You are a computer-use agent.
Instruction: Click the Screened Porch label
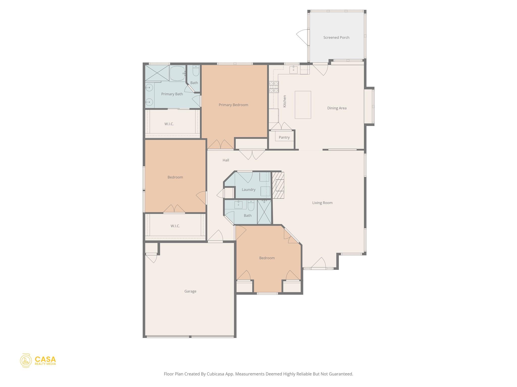click(x=336, y=38)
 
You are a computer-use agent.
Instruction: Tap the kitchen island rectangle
click(x=303, y=105)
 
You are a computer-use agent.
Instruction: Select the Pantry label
click(x=284, y=137)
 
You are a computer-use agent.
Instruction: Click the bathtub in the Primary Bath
click(x=177, y=73)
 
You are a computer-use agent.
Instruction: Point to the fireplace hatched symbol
click(x=278, y=185)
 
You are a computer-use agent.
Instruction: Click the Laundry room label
click(x=248, y=189)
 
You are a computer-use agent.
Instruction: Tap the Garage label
click(x=190, y=291)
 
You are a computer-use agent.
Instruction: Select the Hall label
click(x=226, y=160)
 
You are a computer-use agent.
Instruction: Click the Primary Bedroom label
click(x=233, y=105)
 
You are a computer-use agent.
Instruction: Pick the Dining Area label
click(x=337, y=108)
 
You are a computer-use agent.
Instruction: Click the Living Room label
click(x=322, y=203)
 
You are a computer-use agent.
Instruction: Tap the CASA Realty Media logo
click(x=38, y=361)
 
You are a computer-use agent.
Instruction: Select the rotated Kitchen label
click(x=285, y=101)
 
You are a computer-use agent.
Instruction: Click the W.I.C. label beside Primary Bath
click(x=169, y=124)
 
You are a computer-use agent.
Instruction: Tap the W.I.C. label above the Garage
click(x=175, y=226)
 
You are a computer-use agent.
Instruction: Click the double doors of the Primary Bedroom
click(x=220, y=145)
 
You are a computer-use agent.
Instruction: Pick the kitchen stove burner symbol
click(x=274, y=87)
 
